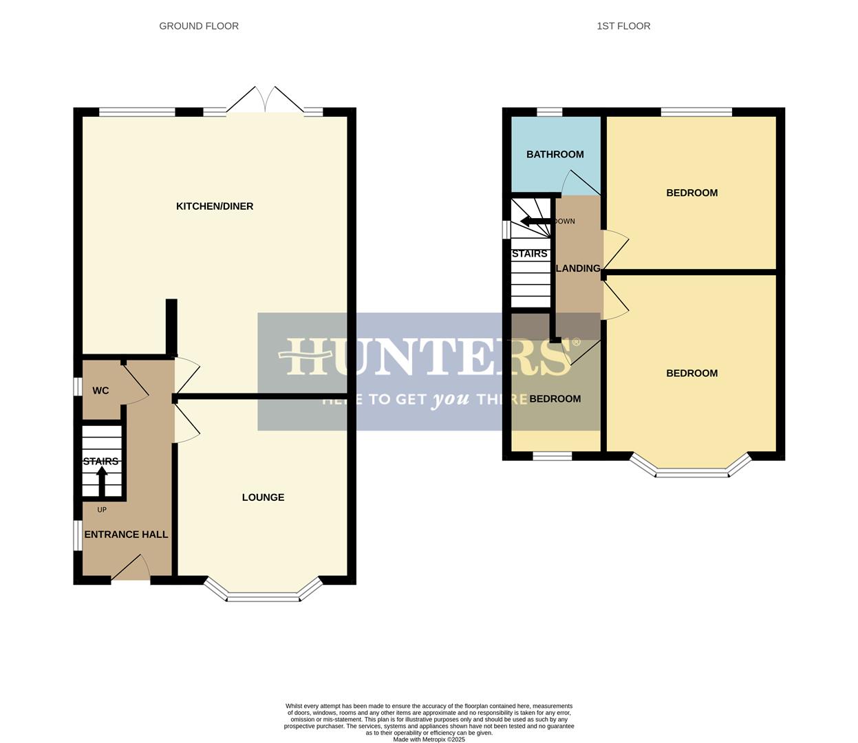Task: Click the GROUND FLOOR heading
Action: coord(199,26)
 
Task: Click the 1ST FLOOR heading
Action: coord(623,26)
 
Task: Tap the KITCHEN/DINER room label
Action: coord(215,206)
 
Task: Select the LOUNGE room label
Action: coord(263,497)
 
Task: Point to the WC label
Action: coord(100,391)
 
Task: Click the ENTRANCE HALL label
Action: coord(126,535)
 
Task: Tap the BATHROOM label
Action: coord(555,155)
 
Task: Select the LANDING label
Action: coord(578,268)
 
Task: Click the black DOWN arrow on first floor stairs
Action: coord(535,221)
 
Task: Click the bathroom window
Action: coord(549,112)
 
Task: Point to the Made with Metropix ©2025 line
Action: coord(429,740)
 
